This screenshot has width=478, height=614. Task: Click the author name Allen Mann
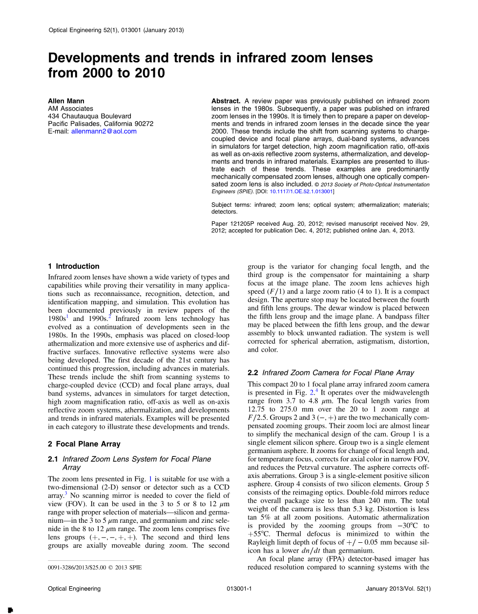pos(66,101)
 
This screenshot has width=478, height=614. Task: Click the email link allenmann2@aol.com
pos(104,131)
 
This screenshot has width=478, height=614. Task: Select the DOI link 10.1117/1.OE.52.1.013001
pos(301,192)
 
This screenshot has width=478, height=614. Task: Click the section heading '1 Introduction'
pos(74,266)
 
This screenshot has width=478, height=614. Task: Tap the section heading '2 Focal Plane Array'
pos(84,444)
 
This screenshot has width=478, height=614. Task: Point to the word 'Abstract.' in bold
pos(226,101)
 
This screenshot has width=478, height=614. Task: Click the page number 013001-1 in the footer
pos(239,589)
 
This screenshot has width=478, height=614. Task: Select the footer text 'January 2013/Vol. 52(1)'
pos(398,589)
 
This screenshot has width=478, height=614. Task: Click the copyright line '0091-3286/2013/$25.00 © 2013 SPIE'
pos(95,568)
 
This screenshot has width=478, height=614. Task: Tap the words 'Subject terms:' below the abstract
pos(230,205)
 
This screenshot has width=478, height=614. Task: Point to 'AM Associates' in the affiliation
pos(70,109)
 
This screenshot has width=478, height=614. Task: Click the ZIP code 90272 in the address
pos(144,124)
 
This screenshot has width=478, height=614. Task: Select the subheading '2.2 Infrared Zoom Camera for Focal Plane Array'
pos(331,373)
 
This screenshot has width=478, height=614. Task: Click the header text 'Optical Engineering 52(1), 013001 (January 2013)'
pos(116,30)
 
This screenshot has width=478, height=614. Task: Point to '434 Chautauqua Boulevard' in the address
pos(89,116)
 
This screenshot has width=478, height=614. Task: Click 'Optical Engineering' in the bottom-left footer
pos(74,589)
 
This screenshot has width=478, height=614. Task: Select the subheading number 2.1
pos(53,459)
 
